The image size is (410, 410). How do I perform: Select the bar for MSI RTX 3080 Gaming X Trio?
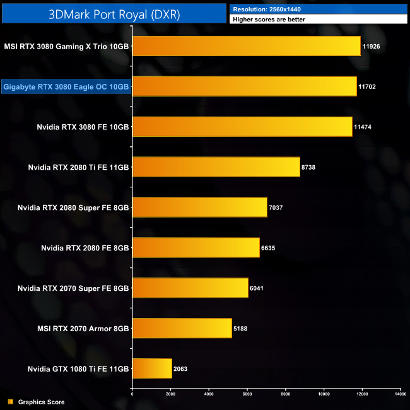click(246, 46)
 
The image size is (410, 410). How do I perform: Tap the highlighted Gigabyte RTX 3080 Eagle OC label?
click(66, 86)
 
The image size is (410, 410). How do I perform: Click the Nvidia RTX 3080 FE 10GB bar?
click(242, 127)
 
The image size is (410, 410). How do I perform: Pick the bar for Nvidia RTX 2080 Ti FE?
click(216, 167)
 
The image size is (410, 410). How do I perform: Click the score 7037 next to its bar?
click(279, 208)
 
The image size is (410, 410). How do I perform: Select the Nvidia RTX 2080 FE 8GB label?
click(85, 248)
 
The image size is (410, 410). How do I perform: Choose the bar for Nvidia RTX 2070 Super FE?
click(190, 288)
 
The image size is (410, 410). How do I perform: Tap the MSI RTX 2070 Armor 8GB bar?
click(182, 329)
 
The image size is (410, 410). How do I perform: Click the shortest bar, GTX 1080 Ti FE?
click(151, 369)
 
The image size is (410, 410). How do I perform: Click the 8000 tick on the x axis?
click(285, 394)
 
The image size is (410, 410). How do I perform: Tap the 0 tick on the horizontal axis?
click(132, 394)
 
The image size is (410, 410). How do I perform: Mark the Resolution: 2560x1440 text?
click(266, 9)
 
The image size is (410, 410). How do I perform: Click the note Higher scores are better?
click(269, 20)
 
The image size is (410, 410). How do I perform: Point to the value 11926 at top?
click(372, 46)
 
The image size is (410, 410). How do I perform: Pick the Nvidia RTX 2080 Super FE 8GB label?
click(73, 208)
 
